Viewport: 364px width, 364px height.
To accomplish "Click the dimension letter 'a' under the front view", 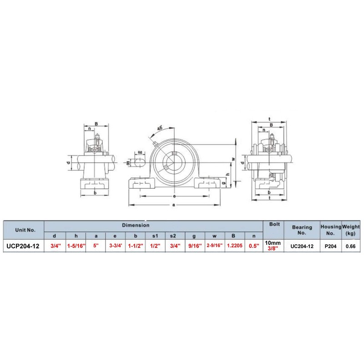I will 175,205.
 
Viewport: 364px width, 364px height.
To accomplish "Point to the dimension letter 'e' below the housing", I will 175,197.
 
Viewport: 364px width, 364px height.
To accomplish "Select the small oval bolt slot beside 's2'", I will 140,161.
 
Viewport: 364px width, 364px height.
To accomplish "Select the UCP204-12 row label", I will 23,246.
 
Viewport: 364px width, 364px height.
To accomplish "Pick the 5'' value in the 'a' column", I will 96,246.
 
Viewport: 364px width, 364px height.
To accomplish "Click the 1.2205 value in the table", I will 234,246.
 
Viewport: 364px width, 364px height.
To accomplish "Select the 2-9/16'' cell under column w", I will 214,246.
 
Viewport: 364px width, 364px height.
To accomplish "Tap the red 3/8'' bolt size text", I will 274,249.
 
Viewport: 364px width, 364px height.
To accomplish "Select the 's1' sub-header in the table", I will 155,235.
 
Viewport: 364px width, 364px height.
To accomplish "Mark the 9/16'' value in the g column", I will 194,246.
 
